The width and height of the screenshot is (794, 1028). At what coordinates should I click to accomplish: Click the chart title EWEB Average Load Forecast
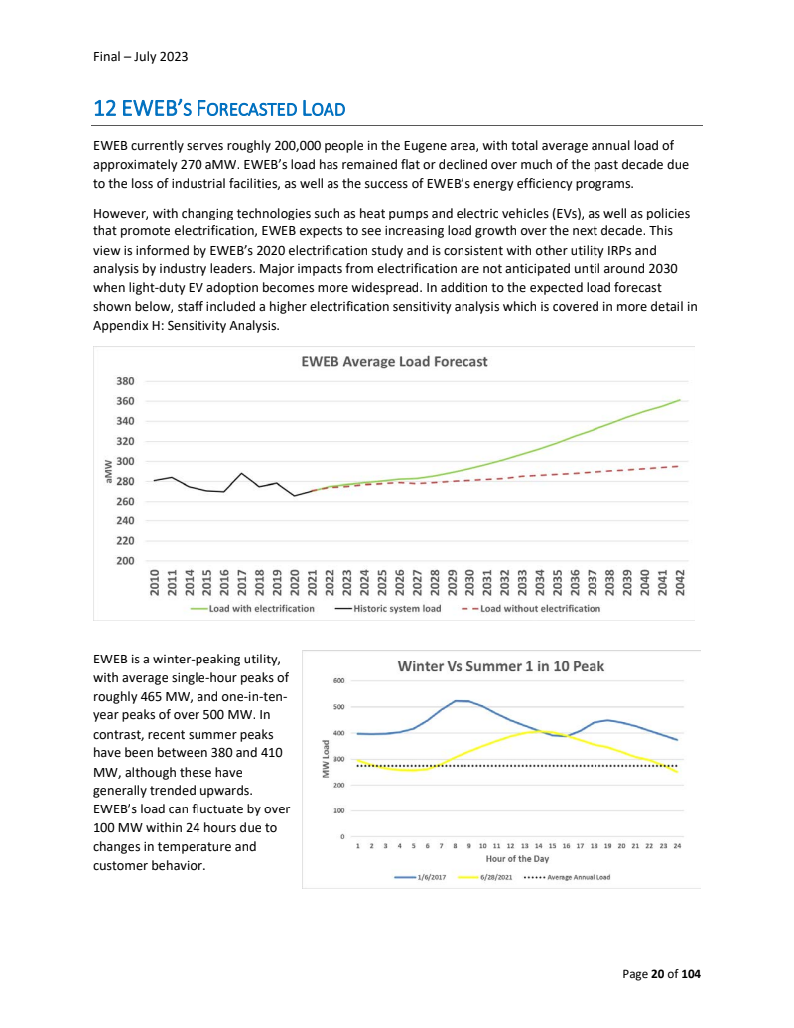pyautogui.click(x=394, y=362)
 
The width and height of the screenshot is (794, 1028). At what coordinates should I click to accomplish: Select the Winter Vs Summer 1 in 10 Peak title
pyautogui.click(x=501, y=665)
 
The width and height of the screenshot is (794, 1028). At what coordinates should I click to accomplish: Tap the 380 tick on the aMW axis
pyautogui.click(x=125, y=381)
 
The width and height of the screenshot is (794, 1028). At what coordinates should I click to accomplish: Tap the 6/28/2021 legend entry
pyautogui.click(x=495, y=878)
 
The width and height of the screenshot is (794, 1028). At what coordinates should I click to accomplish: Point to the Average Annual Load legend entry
pyautogui.click(x=580, y=878)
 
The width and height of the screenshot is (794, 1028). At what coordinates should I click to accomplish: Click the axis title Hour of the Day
pyautogui.click(x=517, y=858)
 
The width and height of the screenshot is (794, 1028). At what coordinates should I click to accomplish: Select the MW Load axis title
pyautogui.click(x=325, y=758)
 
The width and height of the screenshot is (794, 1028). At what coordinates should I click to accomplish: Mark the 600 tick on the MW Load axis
pyautogui.click(x=338, y=681)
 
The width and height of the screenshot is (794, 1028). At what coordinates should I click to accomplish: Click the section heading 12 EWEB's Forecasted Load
pyautogui.click(x=218, y=108)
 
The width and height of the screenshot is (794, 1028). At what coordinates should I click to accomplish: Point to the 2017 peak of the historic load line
pyautogui.click(x=242, y=473)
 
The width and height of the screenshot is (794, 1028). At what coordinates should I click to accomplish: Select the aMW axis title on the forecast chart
pyautogui.click(x=108, y=471)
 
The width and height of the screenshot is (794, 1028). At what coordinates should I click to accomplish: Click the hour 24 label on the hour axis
pyautogui.click(x=677, y=845)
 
